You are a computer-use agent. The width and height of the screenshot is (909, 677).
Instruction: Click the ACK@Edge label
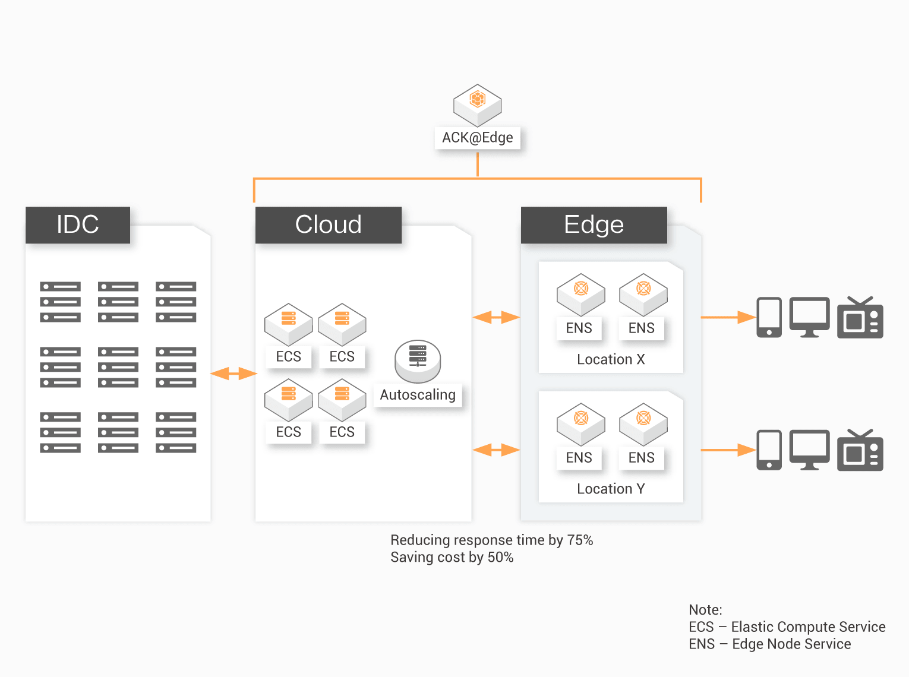click(x=478, y=138)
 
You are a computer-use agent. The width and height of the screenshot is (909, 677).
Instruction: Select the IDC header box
click(x=78, y=224)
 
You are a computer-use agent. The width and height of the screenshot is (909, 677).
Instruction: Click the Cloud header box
click(x=329, y=224)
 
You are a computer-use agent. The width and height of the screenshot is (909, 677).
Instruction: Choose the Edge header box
click(x=594, y=224)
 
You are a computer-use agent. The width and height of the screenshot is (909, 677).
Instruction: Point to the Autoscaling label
click(x=418, y=395)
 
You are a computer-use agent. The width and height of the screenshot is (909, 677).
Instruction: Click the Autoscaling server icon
click(x=418, y=360)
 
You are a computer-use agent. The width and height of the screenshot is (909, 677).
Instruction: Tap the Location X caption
click(x=611, y=359)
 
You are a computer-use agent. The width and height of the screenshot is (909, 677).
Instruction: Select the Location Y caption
click(x=611, y=489)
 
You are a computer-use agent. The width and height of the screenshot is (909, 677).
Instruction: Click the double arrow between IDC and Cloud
click(x=233, y=374)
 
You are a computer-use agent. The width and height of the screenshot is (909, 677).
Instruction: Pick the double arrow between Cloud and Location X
click(x=496, y=318)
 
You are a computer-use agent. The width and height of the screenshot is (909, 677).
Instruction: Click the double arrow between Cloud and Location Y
click(x=496, y=450)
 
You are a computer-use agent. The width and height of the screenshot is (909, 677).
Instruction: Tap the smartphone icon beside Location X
click(x=769, y=317)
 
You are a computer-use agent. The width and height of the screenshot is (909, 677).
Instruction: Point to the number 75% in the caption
click(x=580, y=540)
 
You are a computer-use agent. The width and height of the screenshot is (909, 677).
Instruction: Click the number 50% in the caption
click(x=500, y=557)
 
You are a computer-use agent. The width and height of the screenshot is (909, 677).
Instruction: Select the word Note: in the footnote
click(x=705, y=610)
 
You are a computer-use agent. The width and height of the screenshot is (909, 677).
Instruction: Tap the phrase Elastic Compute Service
click(x=808, y=627)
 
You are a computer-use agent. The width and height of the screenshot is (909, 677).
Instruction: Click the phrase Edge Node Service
click(x=791, y=644)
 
